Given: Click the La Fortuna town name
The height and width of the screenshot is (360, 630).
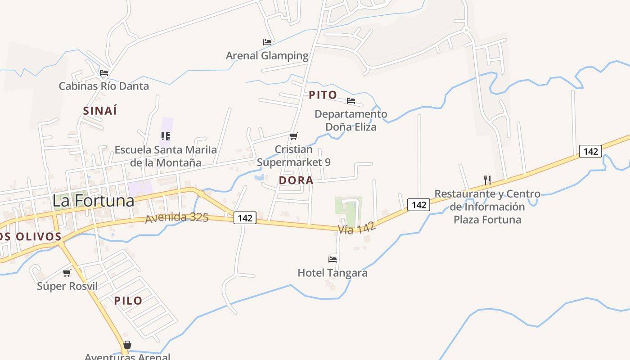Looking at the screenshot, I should pos(93,201).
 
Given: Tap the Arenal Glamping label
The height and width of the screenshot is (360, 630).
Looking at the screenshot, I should pos(267,56).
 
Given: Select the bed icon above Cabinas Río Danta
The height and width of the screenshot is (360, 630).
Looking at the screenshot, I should pos(104,72).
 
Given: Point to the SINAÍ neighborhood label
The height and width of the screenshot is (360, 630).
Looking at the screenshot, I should pos(100,111).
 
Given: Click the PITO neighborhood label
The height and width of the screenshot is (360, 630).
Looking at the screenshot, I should pos(323,95).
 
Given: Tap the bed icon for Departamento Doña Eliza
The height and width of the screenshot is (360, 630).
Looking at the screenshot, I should pos(351,101).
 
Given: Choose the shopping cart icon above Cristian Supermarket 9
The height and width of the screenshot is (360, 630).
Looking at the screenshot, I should pos(294,136).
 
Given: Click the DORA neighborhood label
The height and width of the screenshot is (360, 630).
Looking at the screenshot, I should pos(296,180).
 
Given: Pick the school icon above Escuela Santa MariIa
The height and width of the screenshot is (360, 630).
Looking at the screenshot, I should pos(166,136).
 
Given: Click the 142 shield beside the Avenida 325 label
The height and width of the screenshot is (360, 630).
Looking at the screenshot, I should pos(245,218).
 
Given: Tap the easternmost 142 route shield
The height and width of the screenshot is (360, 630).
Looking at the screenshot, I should pos(590,151).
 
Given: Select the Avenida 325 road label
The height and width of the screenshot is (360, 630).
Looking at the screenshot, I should pos(176,218).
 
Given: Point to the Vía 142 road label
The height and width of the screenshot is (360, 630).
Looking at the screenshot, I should pos(356,229).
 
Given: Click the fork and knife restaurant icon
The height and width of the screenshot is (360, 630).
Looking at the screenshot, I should pos(487,180).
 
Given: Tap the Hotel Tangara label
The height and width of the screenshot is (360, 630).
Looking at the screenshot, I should pos(333,273).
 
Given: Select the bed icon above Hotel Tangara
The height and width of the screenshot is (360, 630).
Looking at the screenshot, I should pos(333,259).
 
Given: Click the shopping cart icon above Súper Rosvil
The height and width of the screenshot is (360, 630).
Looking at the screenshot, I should pos(67,273).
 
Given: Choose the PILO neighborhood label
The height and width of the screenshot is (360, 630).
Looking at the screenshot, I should pos(128,301).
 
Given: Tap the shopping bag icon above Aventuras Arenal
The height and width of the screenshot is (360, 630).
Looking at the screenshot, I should pos(127,345).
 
